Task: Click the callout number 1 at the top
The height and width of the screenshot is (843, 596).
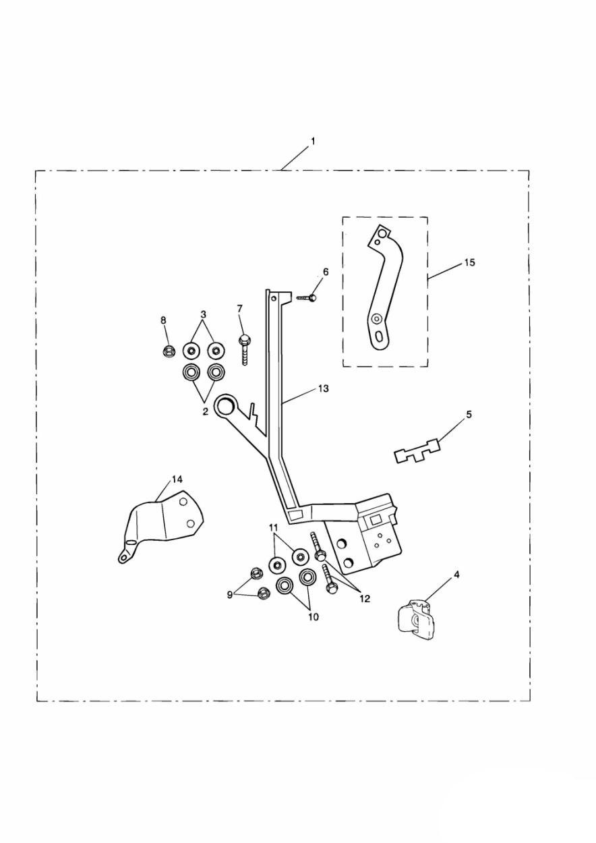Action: click(312, 142)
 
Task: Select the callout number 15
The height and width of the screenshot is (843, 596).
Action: click(469, 262)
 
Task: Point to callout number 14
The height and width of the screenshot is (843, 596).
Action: click(177, 479)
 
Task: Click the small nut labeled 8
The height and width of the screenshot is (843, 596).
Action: click(169, 350)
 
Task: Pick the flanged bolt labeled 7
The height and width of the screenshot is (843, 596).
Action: click(244, 345)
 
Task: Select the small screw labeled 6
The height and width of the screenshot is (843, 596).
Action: click(307, 297)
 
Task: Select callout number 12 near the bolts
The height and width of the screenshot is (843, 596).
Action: click(364, 598)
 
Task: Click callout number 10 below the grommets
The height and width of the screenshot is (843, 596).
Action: click(313, 616)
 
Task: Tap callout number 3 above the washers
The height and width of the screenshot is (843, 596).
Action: click(203, 314)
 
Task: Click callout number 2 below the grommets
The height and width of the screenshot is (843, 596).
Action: click(206, 411)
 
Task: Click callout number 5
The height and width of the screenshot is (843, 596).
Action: click(469, 414)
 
